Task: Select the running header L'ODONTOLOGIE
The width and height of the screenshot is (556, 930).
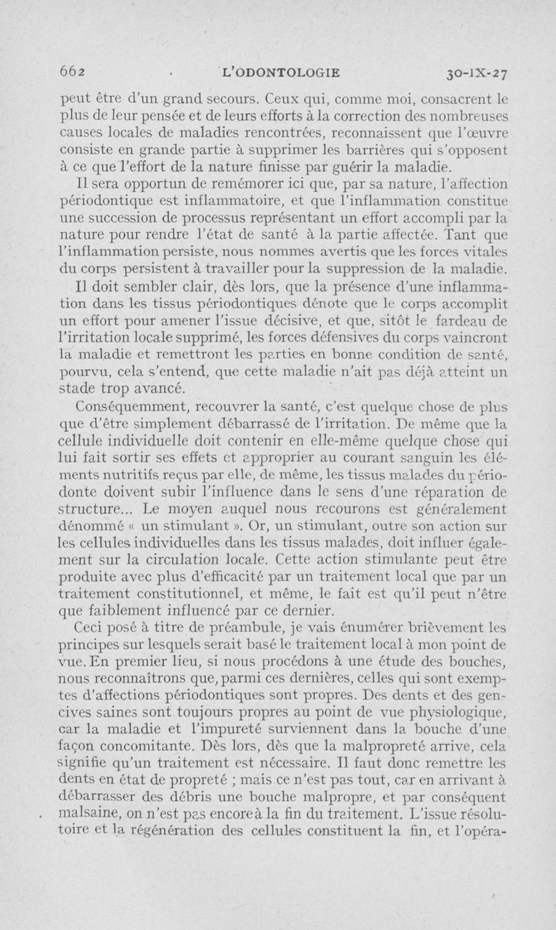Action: point(280,71)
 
